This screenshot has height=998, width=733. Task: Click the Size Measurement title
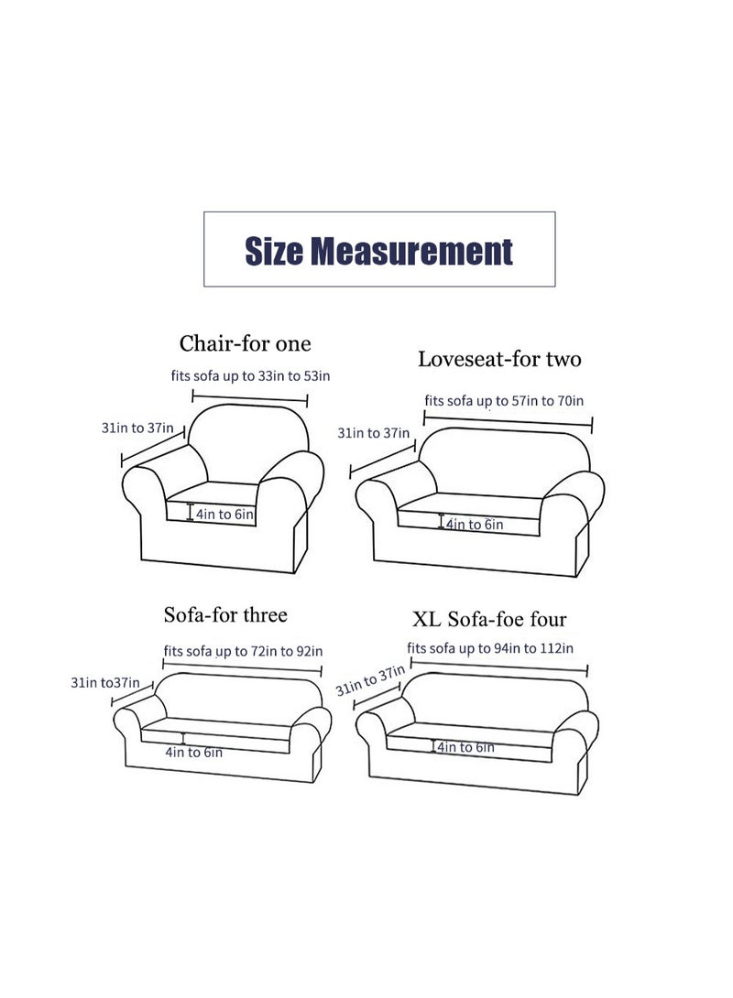pyautogui.click(x=378, y=250)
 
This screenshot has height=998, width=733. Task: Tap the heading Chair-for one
pyautogui.click(x=245, y=344)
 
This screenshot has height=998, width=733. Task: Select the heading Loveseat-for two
pyautogui.click(x=499, y=359)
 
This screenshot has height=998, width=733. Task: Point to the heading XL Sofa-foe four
pyautogui.click(x=489, y=620)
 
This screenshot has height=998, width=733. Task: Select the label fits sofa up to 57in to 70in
pyautogui.click(x=504, y=400)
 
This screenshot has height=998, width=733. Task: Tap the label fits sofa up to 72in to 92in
pyautogui.click(x=243, y=652)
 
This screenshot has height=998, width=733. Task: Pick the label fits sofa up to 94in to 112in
pyautogui.click(x=490, y=648)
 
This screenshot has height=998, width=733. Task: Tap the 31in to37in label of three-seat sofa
pyautogui.click(x=104, y=682)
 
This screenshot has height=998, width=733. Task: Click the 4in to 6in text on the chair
pyautogui.click(x=224, y=515)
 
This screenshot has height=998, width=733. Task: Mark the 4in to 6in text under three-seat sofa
pyautogui.click(x=193, y=753)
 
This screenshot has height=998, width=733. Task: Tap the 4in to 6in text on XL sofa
pyautogui.click(x=465, y=748)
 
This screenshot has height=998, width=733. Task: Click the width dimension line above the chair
pyautogui.click(x=249, y=396)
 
